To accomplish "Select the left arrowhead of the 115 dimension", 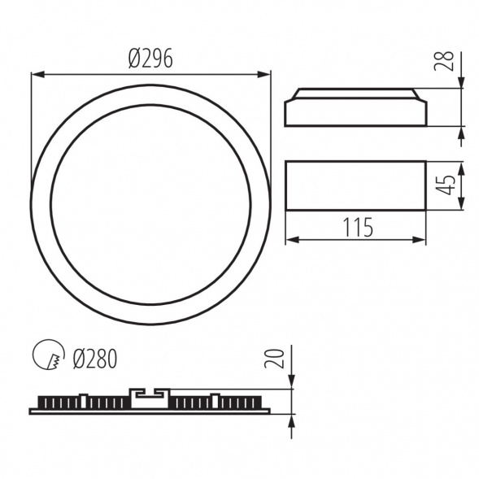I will click(x=290, y=240).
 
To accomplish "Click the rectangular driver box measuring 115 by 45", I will click(x=355, y=185).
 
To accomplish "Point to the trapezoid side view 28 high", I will click(x=355, y=108).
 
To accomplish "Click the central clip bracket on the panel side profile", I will click(x=149, y=396).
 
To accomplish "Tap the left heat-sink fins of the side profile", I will click(x=81, y=403).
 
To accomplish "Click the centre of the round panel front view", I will click(x=150, y=204).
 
